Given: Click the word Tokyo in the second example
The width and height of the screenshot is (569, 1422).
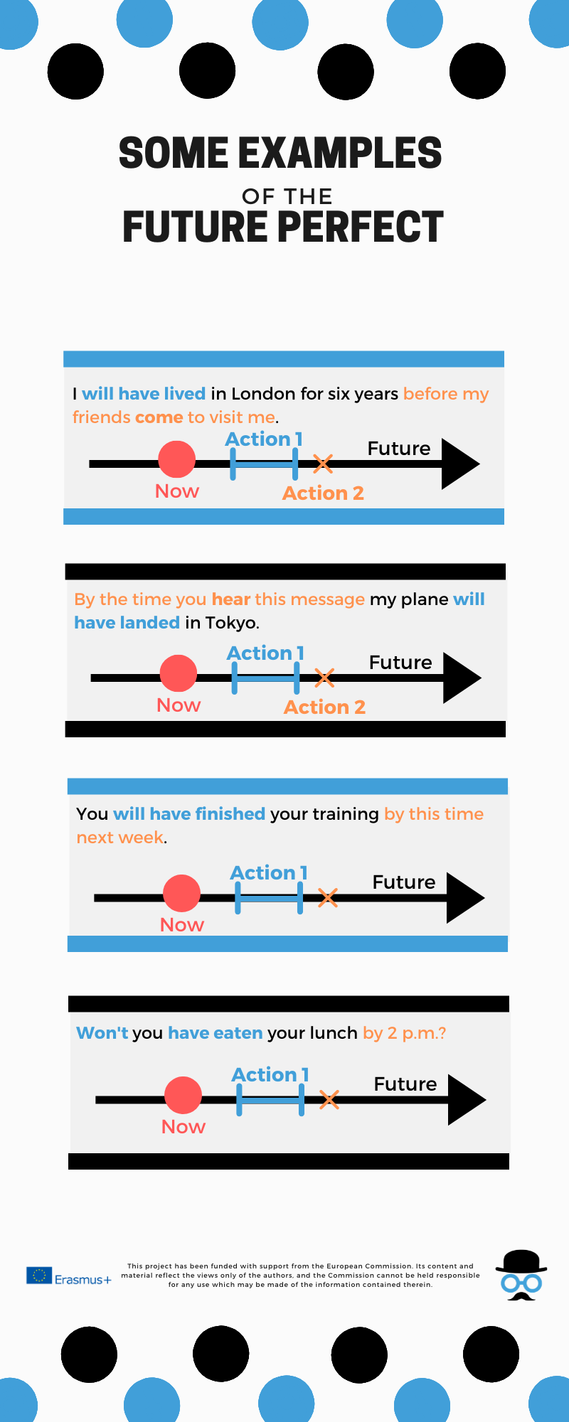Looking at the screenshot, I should pos(230,623).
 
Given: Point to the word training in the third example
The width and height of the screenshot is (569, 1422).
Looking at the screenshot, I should pos(344,814).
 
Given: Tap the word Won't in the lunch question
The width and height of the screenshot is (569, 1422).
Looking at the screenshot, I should pos(102,1033).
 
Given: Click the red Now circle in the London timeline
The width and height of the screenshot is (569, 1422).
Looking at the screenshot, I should pos(177,459).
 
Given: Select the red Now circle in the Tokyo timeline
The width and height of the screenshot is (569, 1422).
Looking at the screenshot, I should pos(179,673).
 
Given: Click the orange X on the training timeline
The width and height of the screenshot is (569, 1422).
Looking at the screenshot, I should pos(327,897).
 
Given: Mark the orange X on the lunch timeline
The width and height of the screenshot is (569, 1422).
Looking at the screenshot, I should pos(329,1100).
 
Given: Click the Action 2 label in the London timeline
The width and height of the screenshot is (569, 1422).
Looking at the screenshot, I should pos(323,493).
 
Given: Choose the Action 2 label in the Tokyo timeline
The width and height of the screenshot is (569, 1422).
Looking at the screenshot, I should pos(324,707).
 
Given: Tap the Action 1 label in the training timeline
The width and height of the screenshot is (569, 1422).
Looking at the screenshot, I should pos(269,873).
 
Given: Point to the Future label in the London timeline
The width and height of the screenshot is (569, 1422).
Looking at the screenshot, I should pos(399,449).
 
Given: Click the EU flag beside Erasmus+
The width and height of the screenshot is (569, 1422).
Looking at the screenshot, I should pos(39,1276).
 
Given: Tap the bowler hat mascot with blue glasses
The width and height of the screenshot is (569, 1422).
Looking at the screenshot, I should pos(521,1276).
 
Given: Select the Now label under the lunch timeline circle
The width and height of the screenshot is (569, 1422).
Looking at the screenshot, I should pos(184,1127).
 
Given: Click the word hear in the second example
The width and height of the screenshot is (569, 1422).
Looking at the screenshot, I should pos(231,599).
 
